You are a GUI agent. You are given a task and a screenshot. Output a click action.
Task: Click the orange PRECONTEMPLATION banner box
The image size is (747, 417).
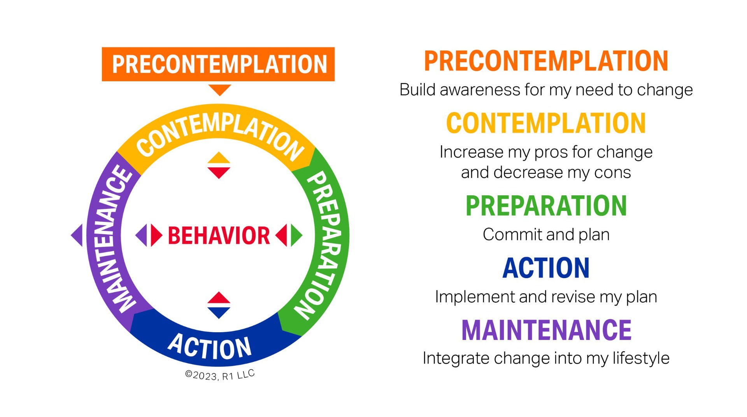coord(218,64)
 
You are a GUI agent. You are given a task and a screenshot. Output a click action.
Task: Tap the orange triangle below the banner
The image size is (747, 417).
coord(220,89)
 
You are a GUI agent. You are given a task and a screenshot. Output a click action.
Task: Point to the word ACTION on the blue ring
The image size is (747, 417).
coord(210,346)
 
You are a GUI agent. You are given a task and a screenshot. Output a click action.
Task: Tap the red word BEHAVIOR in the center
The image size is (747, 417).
coord(219,235)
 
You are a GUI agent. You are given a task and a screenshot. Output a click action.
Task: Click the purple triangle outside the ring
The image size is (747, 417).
coord(77,235)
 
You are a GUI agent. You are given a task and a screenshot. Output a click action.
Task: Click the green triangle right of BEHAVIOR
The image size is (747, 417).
coord(296,235)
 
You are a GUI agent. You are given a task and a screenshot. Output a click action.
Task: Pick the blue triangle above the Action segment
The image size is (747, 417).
coord(219,312)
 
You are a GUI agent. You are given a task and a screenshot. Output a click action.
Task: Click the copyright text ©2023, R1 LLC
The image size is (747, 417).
coord(220,375)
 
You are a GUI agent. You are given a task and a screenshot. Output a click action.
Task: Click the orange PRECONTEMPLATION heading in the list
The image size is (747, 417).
coord(546,61)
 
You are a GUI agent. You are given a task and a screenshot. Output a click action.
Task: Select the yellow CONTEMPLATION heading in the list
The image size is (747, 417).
coord(546,123)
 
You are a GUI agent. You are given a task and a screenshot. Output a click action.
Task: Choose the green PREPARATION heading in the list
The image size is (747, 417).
coord(546,206)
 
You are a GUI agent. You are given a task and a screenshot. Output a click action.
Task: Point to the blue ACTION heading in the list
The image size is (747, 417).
coord(546,268)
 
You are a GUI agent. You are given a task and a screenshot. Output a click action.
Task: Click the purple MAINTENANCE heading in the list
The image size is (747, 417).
coord(546,330)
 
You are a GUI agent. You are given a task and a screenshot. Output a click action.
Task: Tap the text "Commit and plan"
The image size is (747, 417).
coord(546,235)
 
